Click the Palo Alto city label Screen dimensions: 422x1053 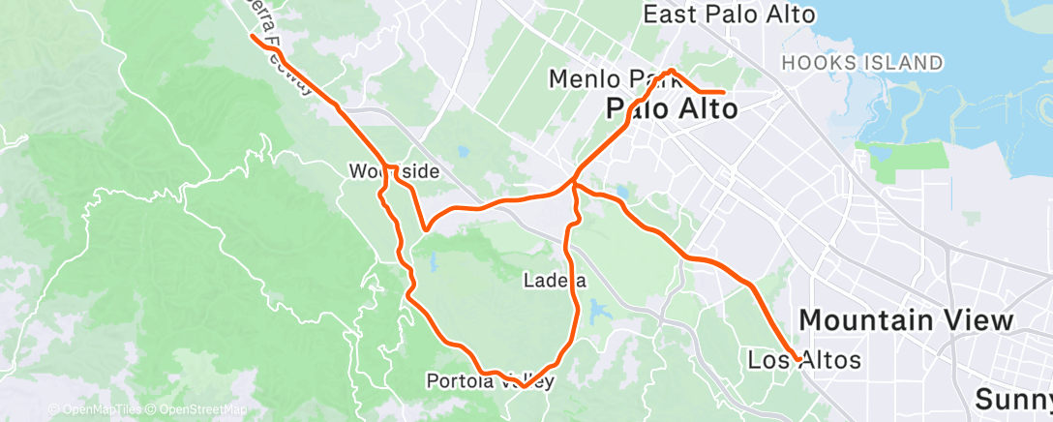click(x=672, y=108)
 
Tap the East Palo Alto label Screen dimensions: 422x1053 click(x=729, y=15)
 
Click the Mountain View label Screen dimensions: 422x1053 click(x=906, y=320)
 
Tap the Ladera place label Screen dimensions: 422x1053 click(x=555, y=282)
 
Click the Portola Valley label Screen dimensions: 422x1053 click(x=490, y=381)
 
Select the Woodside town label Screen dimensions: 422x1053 click(x=395, y=172)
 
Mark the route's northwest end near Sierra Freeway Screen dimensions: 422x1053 click(x=254, y=38)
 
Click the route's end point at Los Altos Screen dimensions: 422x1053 click(x=797, y=359)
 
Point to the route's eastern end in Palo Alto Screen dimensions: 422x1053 click(x=724, y=92)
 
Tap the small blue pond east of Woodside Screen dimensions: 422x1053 click(x=462, y=152)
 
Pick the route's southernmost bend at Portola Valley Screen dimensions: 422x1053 click(x=523, y=385)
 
